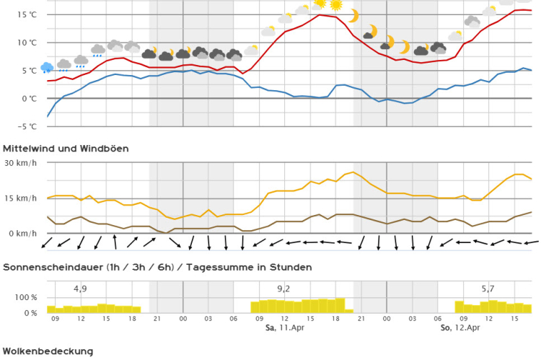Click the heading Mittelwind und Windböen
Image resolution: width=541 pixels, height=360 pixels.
click(x=66, y=149)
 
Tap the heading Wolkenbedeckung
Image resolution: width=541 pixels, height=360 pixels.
click(x=48, y=351)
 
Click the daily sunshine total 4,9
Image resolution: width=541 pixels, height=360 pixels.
click(x=80, y=289)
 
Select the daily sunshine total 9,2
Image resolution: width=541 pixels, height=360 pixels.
click(x=283, y=289)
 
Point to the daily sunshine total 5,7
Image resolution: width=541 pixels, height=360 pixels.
click(x=488, y=289)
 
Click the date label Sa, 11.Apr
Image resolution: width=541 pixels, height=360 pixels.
click(x=281, y=328)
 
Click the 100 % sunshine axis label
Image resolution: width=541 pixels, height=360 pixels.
click(x=23, y=297)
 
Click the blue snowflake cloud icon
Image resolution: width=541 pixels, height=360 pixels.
click(x=48, y=67)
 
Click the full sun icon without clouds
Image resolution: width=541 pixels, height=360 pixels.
click(x=335, y=5)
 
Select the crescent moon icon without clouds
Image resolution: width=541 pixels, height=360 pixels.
click(x=353, y=16)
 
